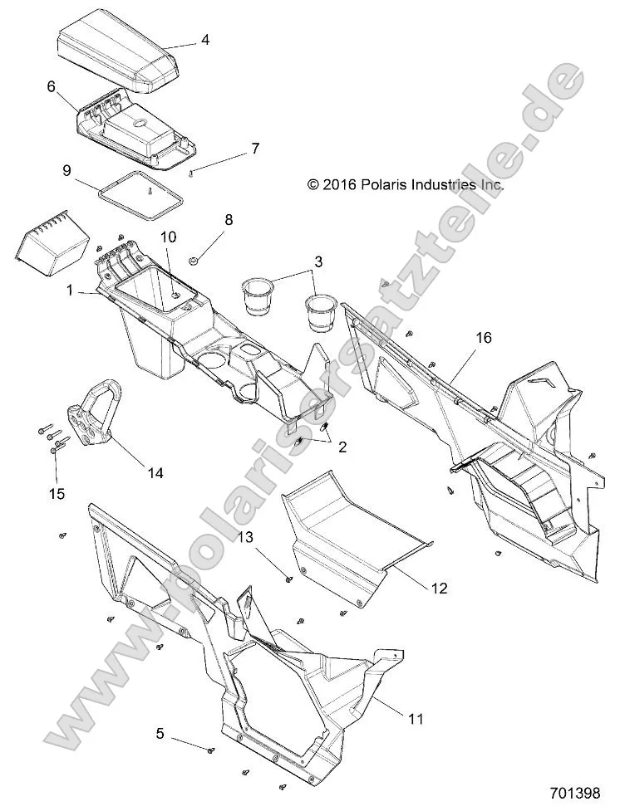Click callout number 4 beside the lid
pos(204,38)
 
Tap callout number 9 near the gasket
pos(67,171)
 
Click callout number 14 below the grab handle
pos(155,473)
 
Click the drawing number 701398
pos(573,793)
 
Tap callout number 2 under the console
pos(341,447)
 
